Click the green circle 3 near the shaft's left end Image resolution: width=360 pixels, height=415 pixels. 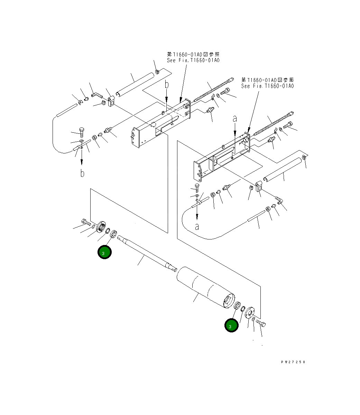(104, 252)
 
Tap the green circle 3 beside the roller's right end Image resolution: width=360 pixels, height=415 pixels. (231, 326)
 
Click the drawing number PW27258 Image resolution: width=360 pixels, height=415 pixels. (293, 362)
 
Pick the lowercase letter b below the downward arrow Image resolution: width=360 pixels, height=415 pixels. (82, 173)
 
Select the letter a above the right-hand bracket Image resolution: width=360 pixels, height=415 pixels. (235, 119)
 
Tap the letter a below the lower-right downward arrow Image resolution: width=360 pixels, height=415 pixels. (197, 227)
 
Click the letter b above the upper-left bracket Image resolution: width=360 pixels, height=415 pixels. (166, 85)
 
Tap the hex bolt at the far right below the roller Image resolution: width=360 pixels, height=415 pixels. (262, 324)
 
